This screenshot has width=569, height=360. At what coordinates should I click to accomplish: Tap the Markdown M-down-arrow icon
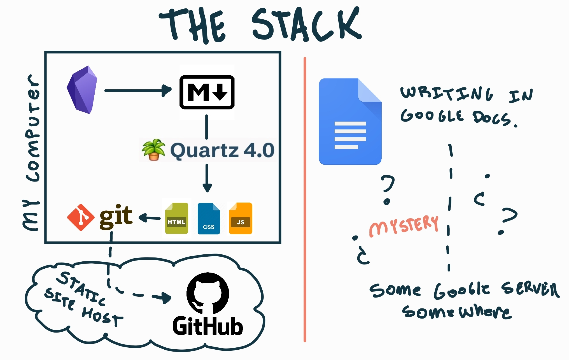207,92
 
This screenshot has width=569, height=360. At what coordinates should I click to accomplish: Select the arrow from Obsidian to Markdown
137,90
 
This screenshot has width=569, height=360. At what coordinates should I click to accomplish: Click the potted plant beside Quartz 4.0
153,150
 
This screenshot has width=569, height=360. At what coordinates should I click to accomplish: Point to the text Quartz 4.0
222,150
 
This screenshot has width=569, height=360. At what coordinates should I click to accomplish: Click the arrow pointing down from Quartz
207,178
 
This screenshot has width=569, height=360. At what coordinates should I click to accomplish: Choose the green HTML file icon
177,218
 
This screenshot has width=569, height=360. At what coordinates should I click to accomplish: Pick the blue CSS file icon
209,219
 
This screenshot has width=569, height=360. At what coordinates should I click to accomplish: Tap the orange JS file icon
241,218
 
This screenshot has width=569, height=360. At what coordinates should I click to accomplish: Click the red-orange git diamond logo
81,217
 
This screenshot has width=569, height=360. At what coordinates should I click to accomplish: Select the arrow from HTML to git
150,218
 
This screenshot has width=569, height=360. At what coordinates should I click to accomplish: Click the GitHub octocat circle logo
208,293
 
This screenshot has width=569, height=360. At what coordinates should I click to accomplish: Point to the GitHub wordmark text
207,326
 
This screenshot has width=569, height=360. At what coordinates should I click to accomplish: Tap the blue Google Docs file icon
350,121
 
